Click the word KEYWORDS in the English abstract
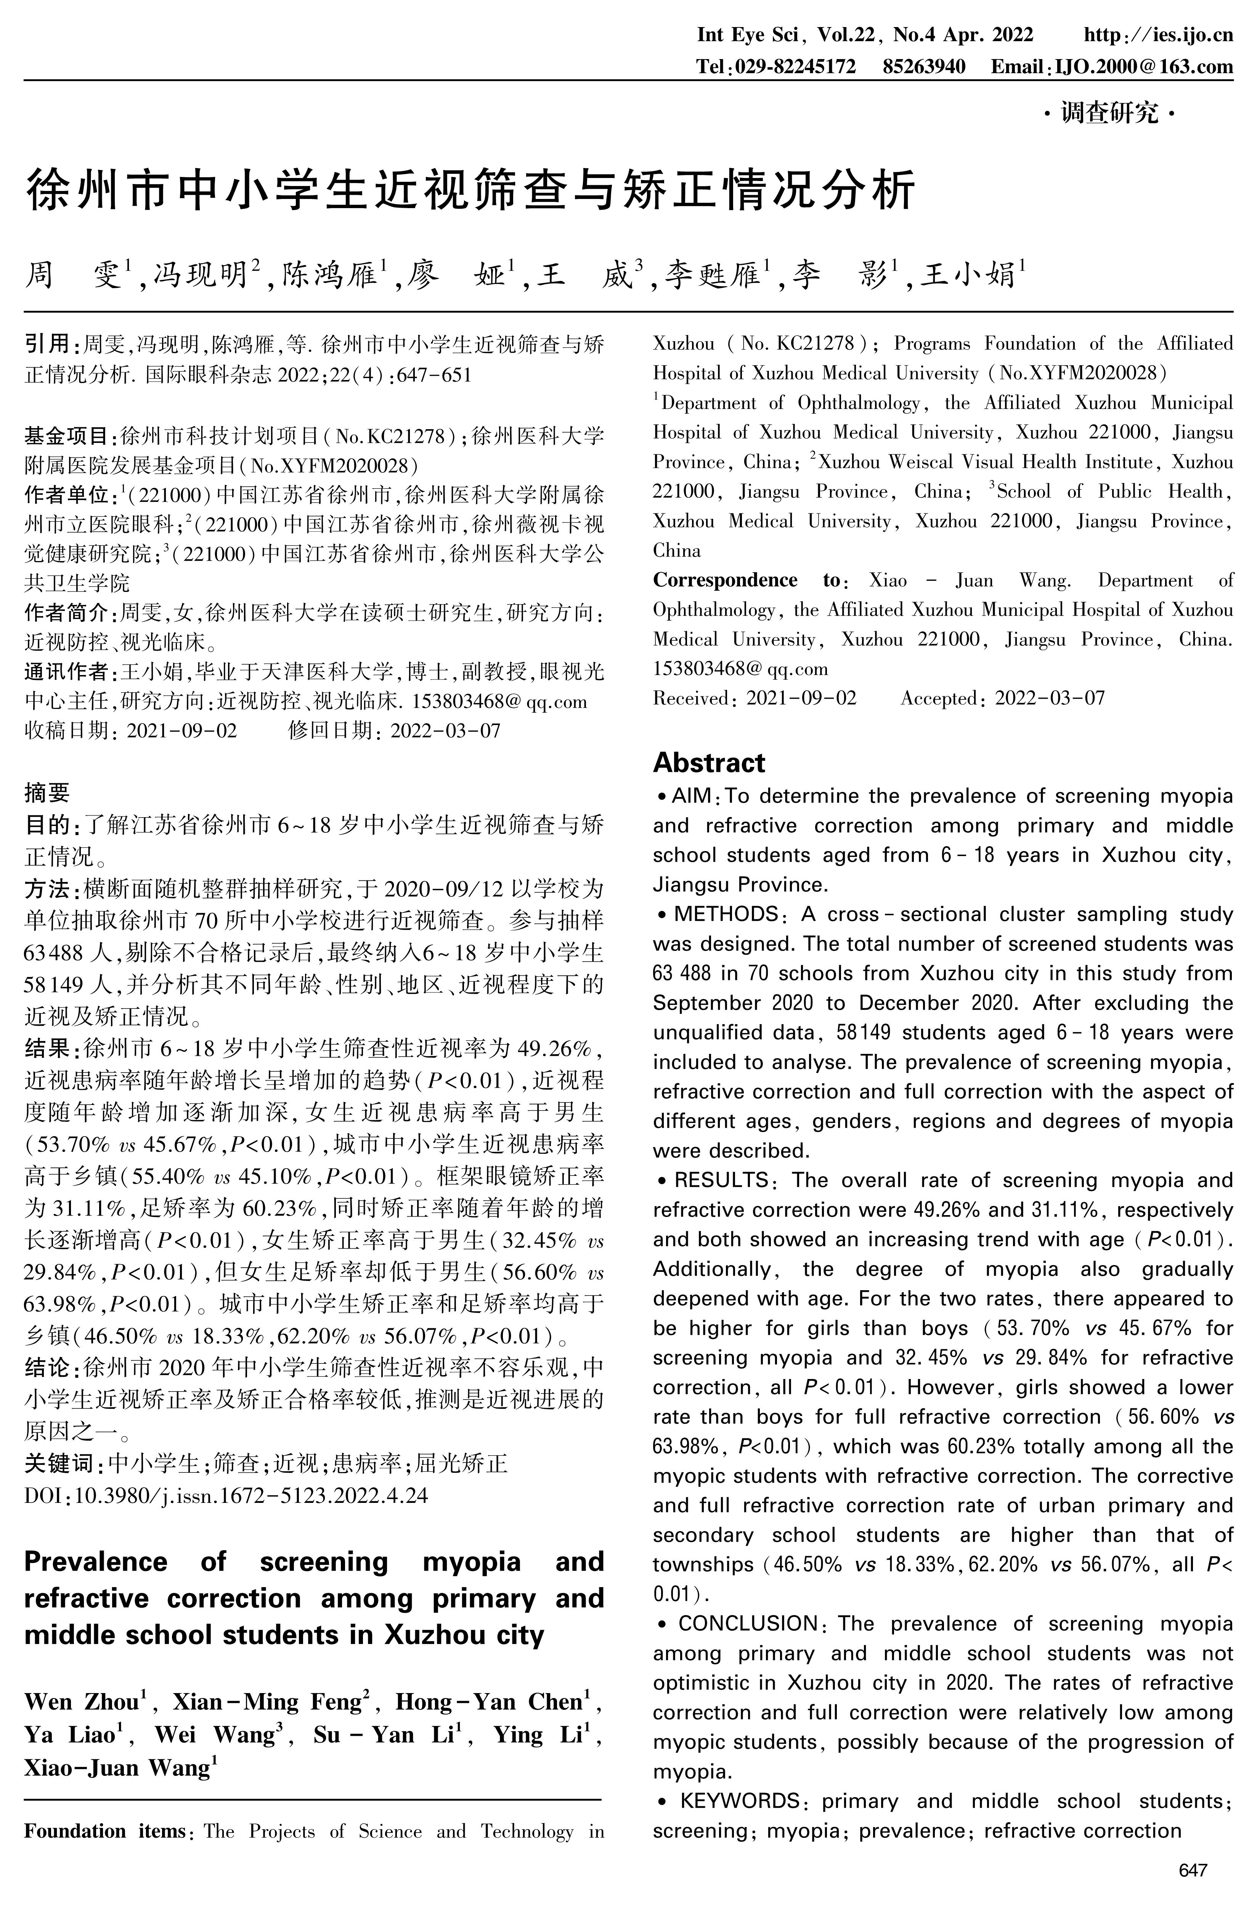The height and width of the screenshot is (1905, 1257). [x=739, y=1801]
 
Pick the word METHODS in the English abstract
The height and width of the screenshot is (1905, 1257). [x=726, y=914]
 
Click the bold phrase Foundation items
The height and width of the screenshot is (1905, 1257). [x=104, y=1831]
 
